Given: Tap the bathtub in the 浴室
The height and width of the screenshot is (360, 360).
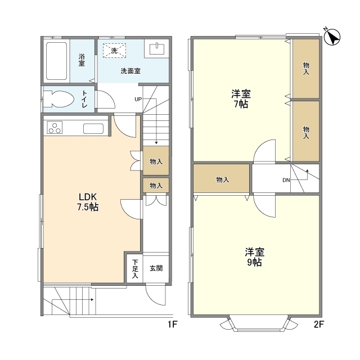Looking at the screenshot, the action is point(56,61).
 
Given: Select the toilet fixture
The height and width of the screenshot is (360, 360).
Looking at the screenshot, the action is point(58,99).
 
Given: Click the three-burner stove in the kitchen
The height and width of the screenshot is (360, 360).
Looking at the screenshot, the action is point(55,128).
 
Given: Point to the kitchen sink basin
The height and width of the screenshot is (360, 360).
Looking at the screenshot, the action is point(93,129).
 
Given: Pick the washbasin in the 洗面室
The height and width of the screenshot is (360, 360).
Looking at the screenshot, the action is point(157,49).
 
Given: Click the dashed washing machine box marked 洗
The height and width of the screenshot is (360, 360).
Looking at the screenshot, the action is point(114,51).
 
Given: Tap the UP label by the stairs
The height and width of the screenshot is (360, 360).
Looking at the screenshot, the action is point(138,99).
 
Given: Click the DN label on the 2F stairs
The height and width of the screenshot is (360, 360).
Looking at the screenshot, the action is point(286,180).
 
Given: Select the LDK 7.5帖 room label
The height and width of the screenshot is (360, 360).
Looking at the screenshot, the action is point(88,202).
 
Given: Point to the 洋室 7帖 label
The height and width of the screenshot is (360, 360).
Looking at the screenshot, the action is point(241,99).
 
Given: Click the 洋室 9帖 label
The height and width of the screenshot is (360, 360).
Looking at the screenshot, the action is point(254,257).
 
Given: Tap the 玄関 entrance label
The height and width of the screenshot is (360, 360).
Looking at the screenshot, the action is point(156,268).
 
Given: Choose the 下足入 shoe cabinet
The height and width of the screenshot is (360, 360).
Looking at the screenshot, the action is point(135,268).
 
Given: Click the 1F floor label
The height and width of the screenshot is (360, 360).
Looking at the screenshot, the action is point(172,325).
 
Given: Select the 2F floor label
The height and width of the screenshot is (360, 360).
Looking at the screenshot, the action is point(319,325).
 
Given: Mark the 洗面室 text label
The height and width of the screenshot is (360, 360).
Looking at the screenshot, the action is point(130,71).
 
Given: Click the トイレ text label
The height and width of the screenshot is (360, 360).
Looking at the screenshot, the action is point(84,99).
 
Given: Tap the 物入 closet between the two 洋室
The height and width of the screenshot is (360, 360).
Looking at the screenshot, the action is point(221,178).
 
